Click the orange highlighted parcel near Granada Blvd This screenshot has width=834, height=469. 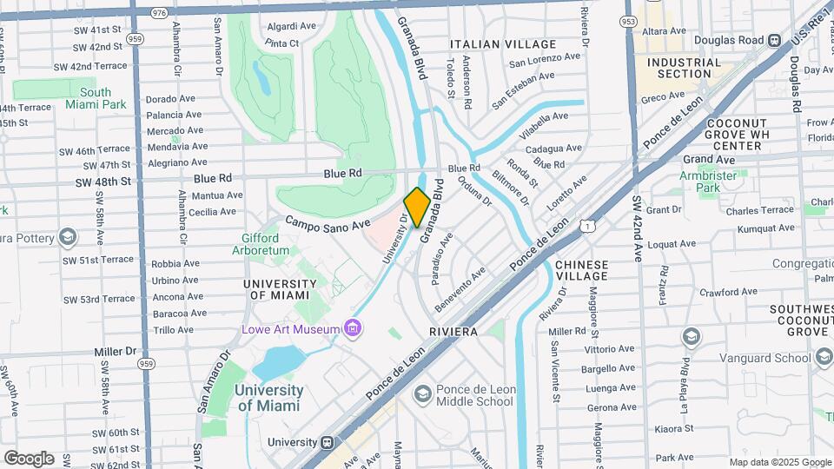416,208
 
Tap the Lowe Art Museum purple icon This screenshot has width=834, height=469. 353,329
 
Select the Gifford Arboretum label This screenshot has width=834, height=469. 261,244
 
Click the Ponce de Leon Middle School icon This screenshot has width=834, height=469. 422,394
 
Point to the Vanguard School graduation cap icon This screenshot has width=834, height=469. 692,336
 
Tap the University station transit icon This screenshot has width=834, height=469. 328,442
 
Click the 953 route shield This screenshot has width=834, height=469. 627,20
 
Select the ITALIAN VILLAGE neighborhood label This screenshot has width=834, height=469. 503,44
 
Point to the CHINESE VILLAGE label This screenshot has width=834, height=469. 581,270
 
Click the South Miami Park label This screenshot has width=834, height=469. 96,98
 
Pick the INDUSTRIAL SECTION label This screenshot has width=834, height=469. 685,68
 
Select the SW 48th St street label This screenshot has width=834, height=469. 103,182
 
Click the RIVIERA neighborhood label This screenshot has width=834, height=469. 453,332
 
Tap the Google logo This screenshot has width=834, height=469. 29,459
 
